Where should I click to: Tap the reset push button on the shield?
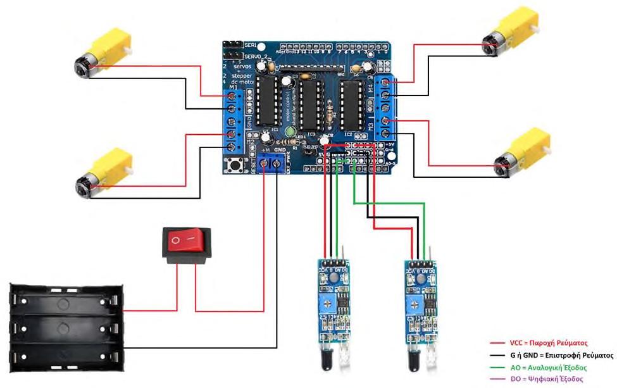pos(237,166)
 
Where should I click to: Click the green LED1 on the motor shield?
pos(290,132)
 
